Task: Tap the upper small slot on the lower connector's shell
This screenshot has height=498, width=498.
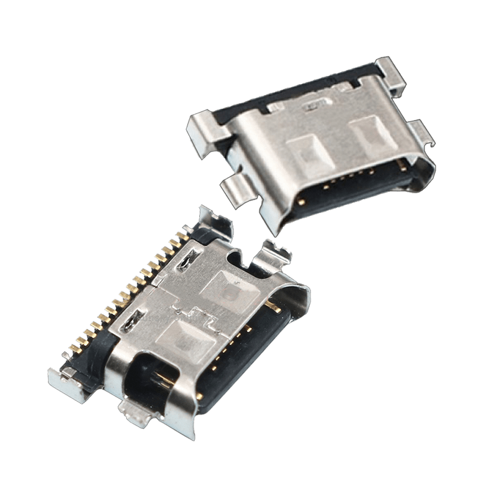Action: pos(187,261)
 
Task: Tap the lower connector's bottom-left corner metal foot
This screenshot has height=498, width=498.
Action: pos(62,377)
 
